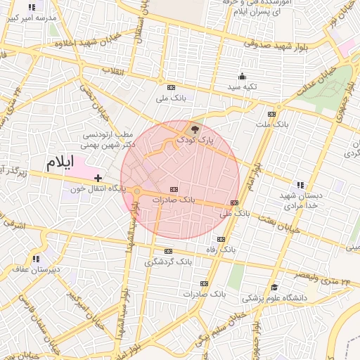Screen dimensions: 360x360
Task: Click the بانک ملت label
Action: tap(272, 124)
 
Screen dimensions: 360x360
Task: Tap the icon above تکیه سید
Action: tap(243, 76)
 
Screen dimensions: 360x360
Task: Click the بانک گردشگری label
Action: tap(168, 262)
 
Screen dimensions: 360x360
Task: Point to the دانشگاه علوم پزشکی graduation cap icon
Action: tap(274, 287)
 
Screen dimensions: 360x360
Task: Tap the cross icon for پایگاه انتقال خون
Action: tap(98, 178)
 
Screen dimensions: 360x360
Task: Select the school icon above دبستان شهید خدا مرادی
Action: tap(300, 184)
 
